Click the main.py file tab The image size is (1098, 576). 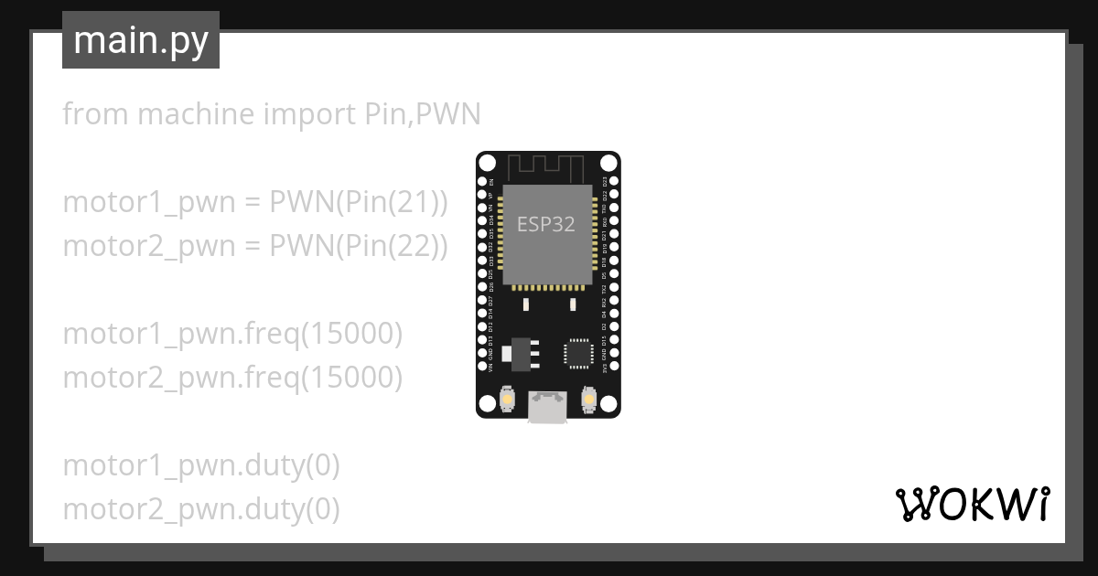[x=140, y=41]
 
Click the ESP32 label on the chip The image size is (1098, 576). [x=545, y=224]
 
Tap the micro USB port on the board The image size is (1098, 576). [x=547, y=407]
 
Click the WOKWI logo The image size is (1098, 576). [x=972, y=504]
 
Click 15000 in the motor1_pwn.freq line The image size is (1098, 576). [x=351, y=334]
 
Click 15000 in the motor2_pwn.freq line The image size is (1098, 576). [x=351, y=377]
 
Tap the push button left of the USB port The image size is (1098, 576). [x=507, y=400]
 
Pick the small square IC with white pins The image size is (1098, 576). [x=578, y=353]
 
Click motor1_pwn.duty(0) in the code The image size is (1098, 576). [x=201, y=465]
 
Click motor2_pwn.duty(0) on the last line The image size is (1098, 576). [x=201, y=509]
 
